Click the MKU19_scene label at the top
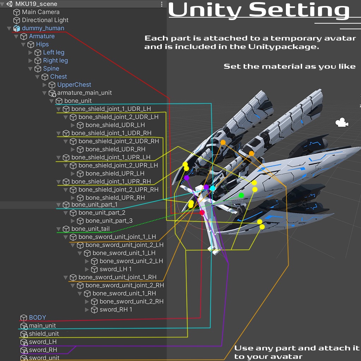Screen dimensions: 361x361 36,4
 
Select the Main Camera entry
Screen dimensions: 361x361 41,12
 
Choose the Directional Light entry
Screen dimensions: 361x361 45,20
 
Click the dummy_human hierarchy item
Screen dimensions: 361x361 43,28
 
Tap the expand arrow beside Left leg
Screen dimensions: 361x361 30,53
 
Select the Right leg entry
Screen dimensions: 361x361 55,61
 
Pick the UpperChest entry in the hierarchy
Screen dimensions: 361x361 74,85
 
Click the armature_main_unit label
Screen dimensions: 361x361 84,93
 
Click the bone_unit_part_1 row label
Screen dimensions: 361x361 94,205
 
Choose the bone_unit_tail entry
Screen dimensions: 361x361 90,229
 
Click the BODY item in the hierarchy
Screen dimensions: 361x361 37,318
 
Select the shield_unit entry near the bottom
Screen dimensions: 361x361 44,334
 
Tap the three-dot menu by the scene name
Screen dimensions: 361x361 162,4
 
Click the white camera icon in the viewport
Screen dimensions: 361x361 341,123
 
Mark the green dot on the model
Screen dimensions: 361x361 241,195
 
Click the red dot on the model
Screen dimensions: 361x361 202,213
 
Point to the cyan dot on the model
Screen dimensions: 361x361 213,188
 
